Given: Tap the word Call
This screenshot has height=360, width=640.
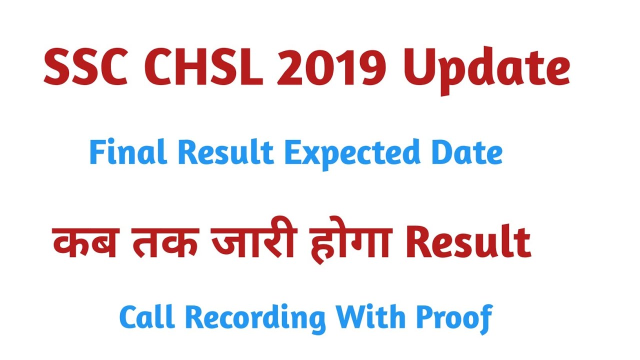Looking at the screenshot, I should (x=145, y=317).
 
